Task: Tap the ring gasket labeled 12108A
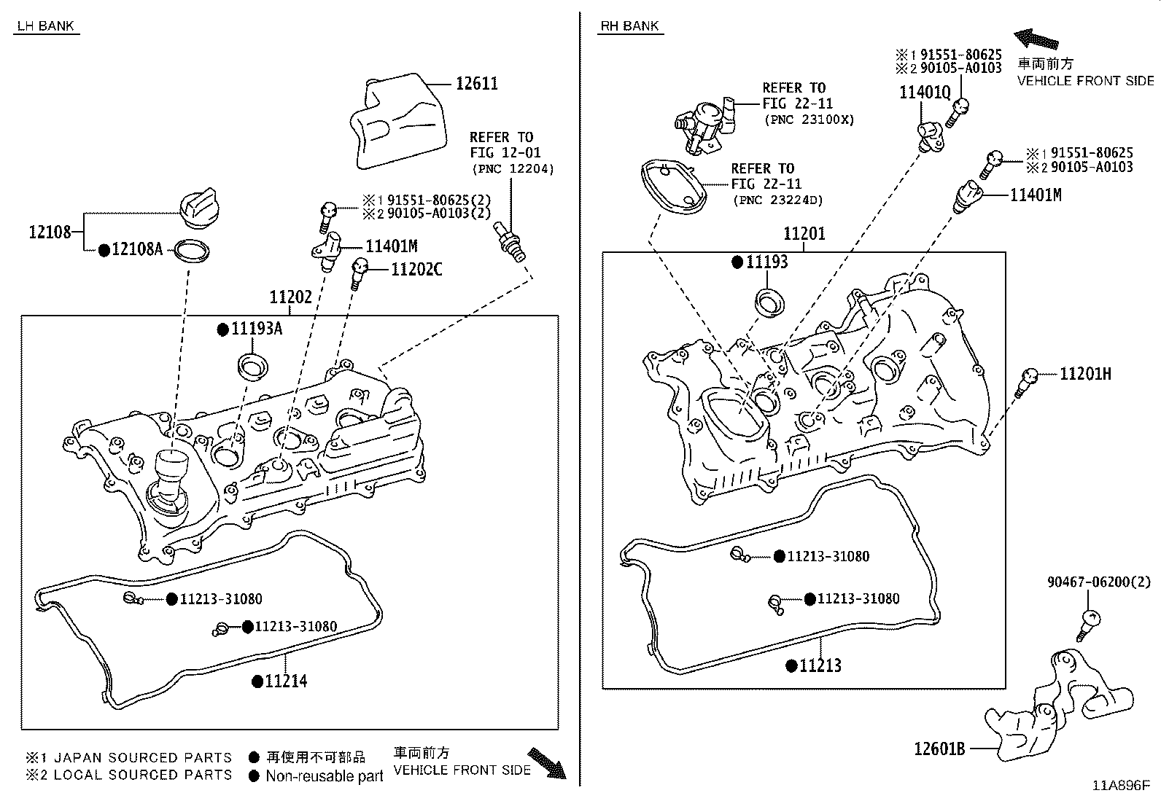[192, 252]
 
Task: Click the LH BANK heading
[44, 26]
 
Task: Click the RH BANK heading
[630, 26]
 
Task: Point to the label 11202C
[416, 270]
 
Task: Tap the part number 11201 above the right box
[804, 234]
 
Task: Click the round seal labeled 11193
[768, 302]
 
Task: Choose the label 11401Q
[925, 93]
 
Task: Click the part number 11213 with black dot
[820, 665]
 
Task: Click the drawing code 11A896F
[1120, 786]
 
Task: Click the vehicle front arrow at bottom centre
[547, 763]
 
